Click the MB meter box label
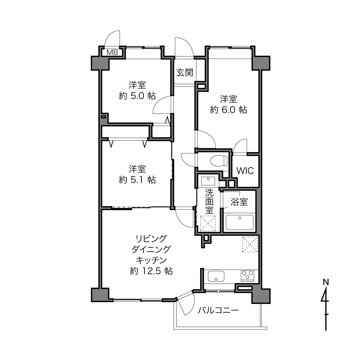(112, 53)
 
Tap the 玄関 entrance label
(185, 72)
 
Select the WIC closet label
(245, 171)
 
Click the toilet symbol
(219, 160)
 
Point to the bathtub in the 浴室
(240, 223)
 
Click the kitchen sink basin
(216, 276)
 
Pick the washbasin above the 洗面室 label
(208, 181)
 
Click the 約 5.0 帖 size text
(137, 96)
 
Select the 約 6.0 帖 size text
(229, 110)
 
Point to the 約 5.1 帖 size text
(137, 180)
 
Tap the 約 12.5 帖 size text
(151, 271)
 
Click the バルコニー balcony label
(218, 310)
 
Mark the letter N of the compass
(326, 282)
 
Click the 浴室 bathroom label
(239, 202)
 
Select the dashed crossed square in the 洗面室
(208, 223)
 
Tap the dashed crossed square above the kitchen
(250, 244)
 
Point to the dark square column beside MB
(100, 63)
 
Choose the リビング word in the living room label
(151, 239)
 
